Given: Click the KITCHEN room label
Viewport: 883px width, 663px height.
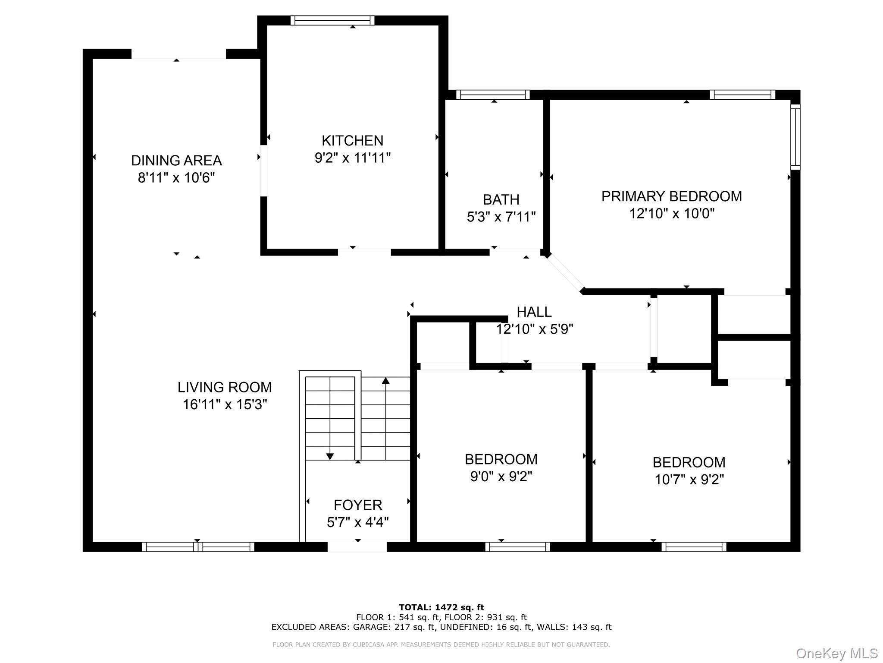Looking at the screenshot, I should pyautogui.click(x=352, y=141).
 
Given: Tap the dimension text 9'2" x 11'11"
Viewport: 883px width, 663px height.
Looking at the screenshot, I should pyautogui.click(x=352, y=158).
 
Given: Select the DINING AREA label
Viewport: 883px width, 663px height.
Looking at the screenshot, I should pyautogui.click(x=176, y=161).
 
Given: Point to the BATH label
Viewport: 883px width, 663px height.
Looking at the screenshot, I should pyautogui.click(x=501, y=200).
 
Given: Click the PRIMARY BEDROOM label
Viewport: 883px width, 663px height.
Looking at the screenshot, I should pyautogui.click(x=671, y=196).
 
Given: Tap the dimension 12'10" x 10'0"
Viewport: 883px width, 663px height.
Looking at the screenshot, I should pyautogui.click(x=671, y=214).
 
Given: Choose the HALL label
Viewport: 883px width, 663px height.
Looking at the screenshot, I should pyautogui.click(x=534, y=312).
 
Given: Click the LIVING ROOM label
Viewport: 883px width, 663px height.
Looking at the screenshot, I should pyautogui.click(x=225, y=387).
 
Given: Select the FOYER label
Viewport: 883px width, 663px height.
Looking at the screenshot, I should pyautogui.click(x=357, y=505).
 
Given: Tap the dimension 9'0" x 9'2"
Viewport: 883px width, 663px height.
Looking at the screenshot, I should pyautogui.click(x=501, y=477).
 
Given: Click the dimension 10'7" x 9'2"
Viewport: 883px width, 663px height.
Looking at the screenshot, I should pyautogui.click(x=689, y=480).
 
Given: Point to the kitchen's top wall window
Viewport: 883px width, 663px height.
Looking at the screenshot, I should pyautogui.click(x=332, y=20).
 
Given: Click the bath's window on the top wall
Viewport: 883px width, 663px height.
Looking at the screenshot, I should pyautogui.click(x=493, y=95).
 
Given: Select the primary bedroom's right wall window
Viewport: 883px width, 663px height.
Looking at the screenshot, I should pyautogui.click(x=795, y=137).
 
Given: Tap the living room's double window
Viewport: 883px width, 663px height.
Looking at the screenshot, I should pyautogui.click(x=198, y=547).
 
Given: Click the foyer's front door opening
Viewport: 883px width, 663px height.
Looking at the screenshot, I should pyautogui.click(x=357, y=547).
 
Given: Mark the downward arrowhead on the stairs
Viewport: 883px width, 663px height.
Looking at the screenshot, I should pyautogui.click(x=330, y=456).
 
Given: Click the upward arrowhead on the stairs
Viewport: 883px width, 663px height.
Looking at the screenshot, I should pyautogui.click(x=385, y=381).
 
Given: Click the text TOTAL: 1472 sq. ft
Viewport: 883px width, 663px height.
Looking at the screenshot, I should pyautogui.click(x=441, y=607).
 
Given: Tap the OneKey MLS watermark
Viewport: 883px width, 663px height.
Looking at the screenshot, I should pyautogui.click(x=836, y=653).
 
